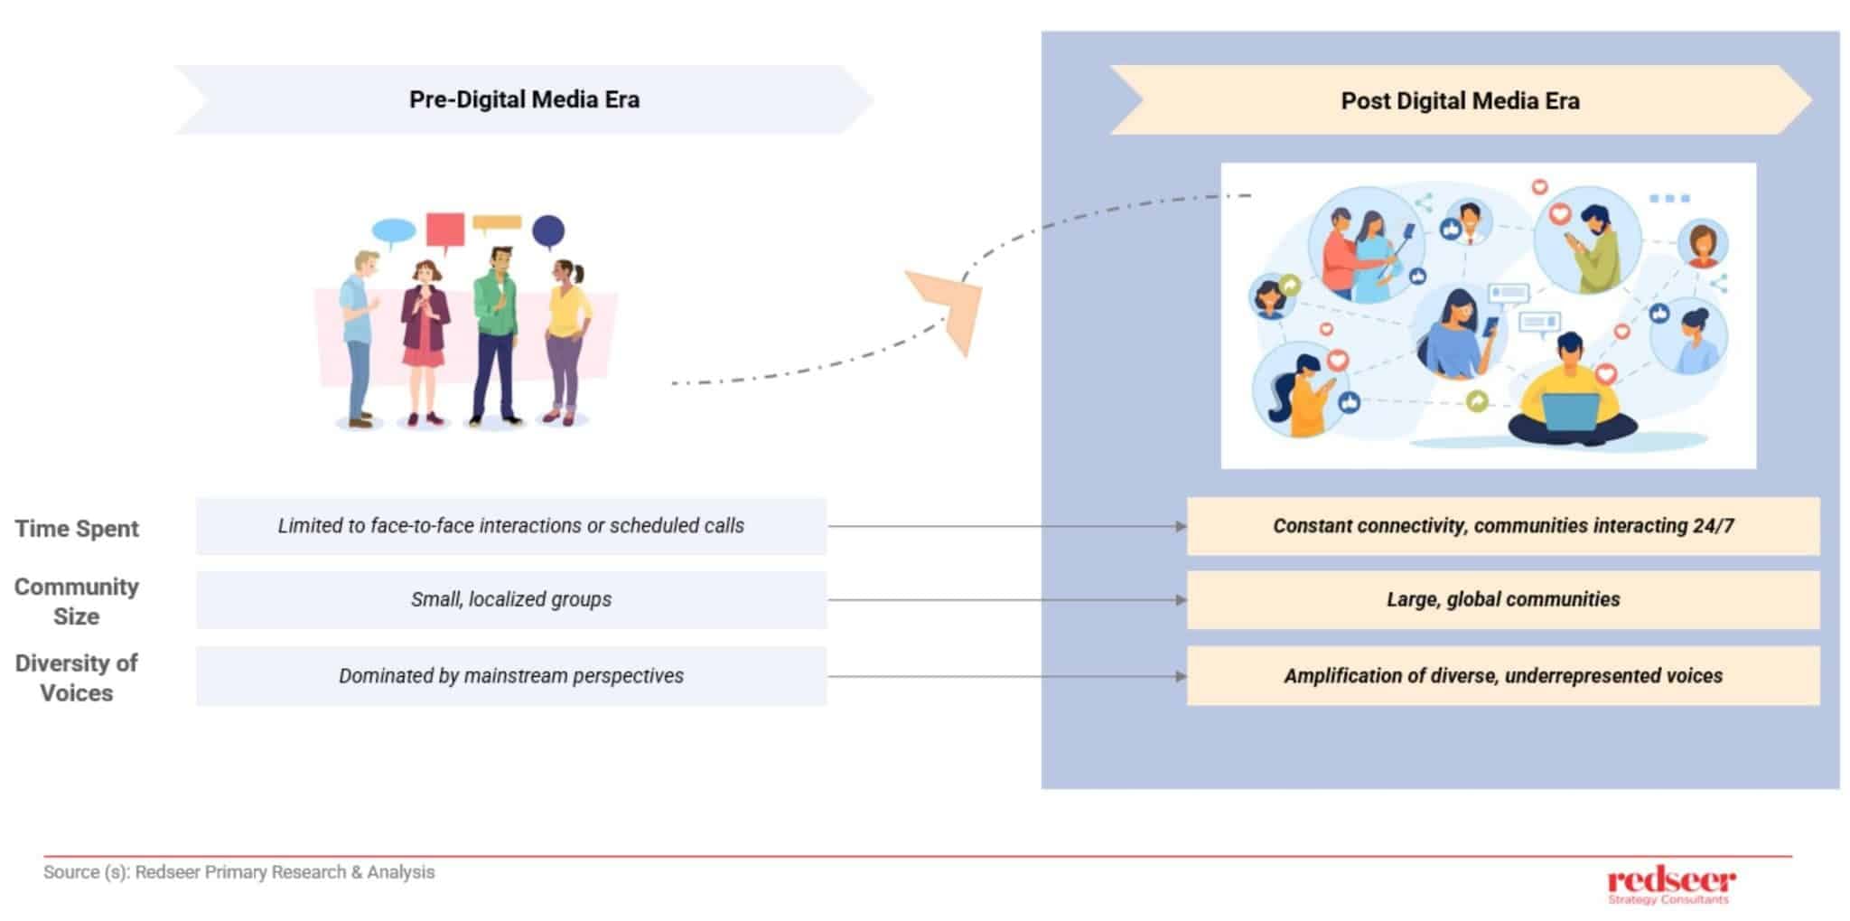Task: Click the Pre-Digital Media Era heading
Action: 524,99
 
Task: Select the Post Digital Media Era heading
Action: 1460,100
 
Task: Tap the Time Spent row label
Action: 77,529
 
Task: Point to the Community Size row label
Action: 77,601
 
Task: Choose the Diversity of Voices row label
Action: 77,678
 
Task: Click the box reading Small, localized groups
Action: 511,599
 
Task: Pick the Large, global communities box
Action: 1503,599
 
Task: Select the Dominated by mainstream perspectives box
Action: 511,676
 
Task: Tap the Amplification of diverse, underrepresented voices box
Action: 1503,676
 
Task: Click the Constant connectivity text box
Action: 1503,526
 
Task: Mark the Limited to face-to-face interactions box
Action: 511,526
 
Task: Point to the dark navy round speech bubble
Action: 548,231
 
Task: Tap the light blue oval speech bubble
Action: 394,231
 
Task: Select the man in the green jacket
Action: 495,334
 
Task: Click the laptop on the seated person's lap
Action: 1570,412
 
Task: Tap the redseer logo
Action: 1670,885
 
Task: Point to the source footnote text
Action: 239,872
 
